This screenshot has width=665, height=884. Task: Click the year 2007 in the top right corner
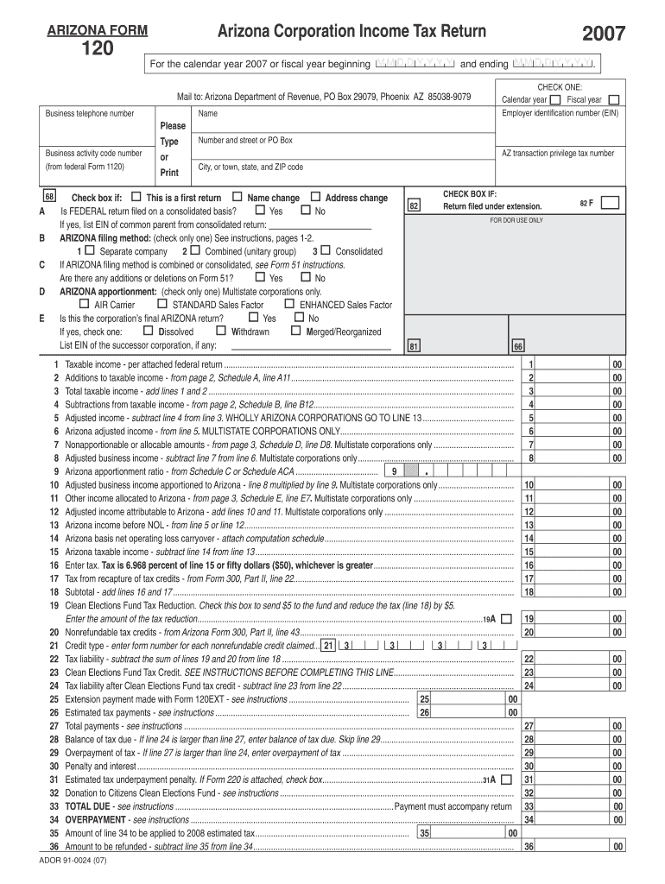pyautogui.click(x=603, y=34)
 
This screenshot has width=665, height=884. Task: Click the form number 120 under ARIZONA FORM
pyautogui.click(x=91, y=51)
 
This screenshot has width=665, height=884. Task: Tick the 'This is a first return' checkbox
pyautogui.click(x=136, y=197)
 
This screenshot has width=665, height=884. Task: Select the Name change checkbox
pyautogui.click(x=237, y=197)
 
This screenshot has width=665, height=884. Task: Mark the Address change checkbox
pyautogui.click(x=315, y=197)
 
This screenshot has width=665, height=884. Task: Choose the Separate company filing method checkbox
pyautogui.click(x=90, y=250)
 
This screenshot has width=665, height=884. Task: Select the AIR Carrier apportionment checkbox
pyautogui.click(x=84, y=304)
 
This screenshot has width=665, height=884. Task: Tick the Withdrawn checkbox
pyautogui.click(x=221, y=331)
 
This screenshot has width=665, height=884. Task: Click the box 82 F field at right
pyautogui.click(x=610, y=204)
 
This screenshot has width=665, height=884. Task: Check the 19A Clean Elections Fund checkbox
pyautogui.click(x=505, y=619)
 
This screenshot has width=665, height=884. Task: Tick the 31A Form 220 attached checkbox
pyautogui.click(x=505, y=780)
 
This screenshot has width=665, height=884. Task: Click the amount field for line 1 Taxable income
pyautogui.click(x=574, y=364)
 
